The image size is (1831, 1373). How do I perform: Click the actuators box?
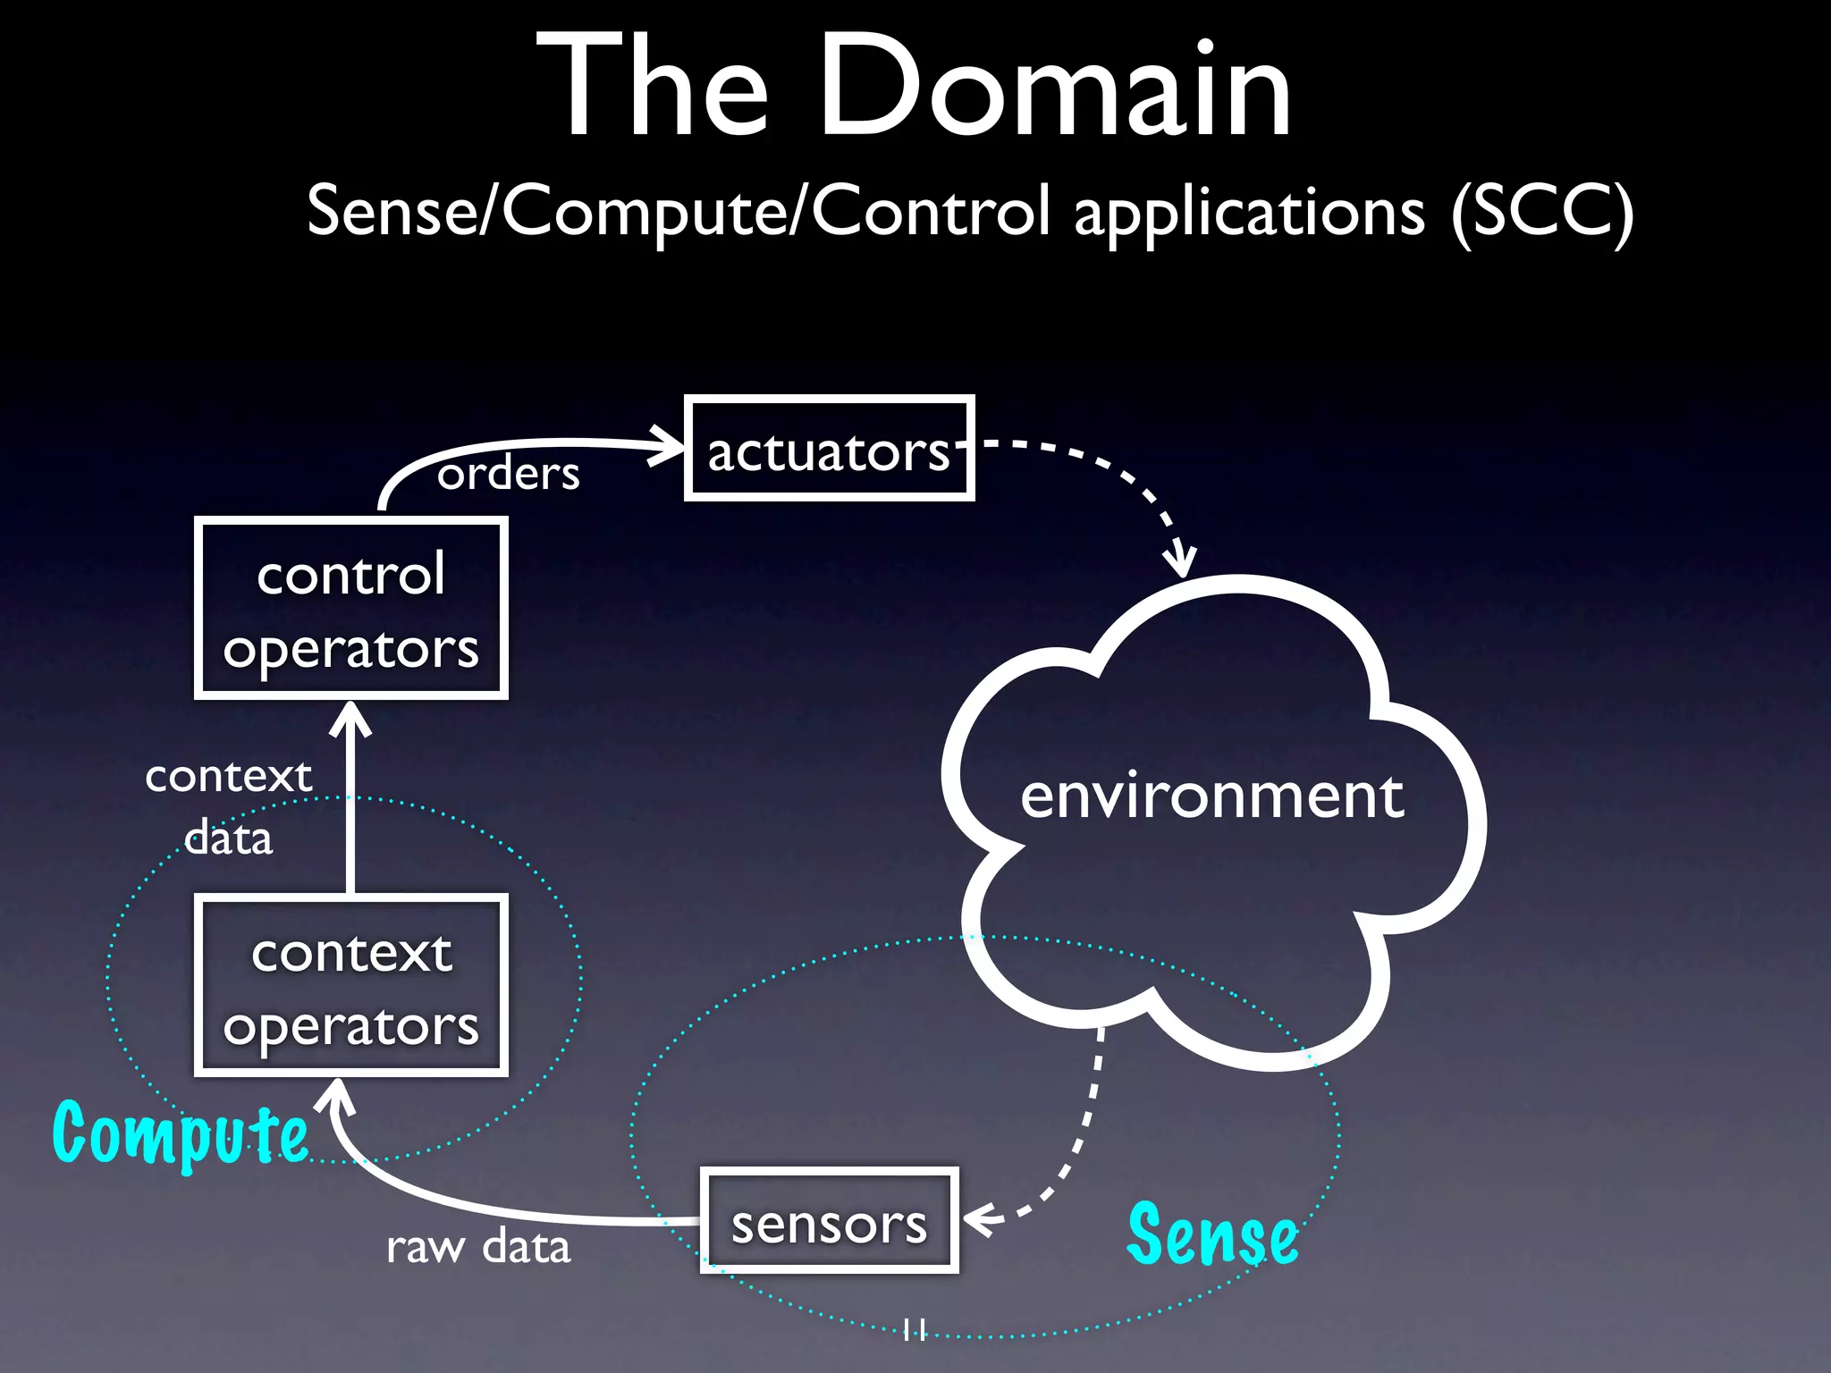[829, 448]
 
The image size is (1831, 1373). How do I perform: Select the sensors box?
[829, 1221]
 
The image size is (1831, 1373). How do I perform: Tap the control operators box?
[351, 609]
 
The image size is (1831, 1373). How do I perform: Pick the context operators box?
[351, 986]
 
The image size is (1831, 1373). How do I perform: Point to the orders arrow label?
[508, 473]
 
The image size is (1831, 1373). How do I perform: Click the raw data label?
[478, 1246]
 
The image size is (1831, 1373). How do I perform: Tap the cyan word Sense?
[1212, 1234]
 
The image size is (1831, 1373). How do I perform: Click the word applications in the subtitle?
[1249, 213]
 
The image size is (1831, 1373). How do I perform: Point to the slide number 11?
[914, 1329]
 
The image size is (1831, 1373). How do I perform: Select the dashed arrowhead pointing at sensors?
[980, 1219]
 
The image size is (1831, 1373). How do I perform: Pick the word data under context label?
[228, 838]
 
